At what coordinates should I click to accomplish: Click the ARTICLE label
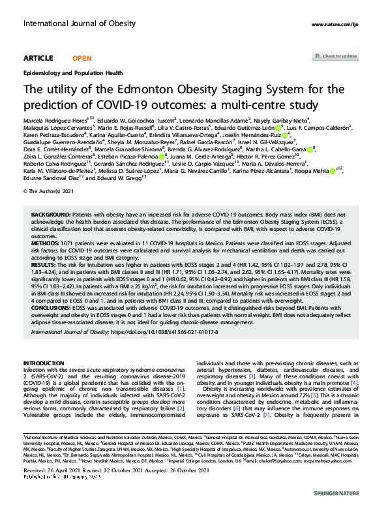[38, 58]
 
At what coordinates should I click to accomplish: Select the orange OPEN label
[82, 58]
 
